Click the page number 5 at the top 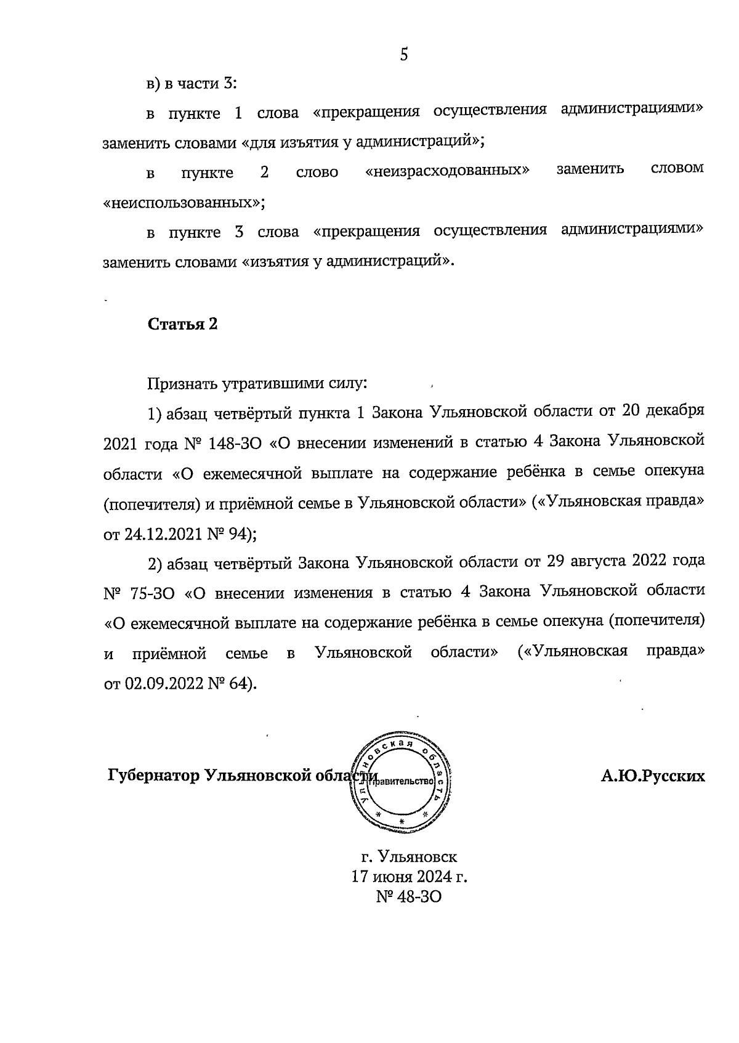click(404, 55)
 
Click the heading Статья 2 click(182, 325)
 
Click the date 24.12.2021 click(163, 534)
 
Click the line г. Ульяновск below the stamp click(409, 856)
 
